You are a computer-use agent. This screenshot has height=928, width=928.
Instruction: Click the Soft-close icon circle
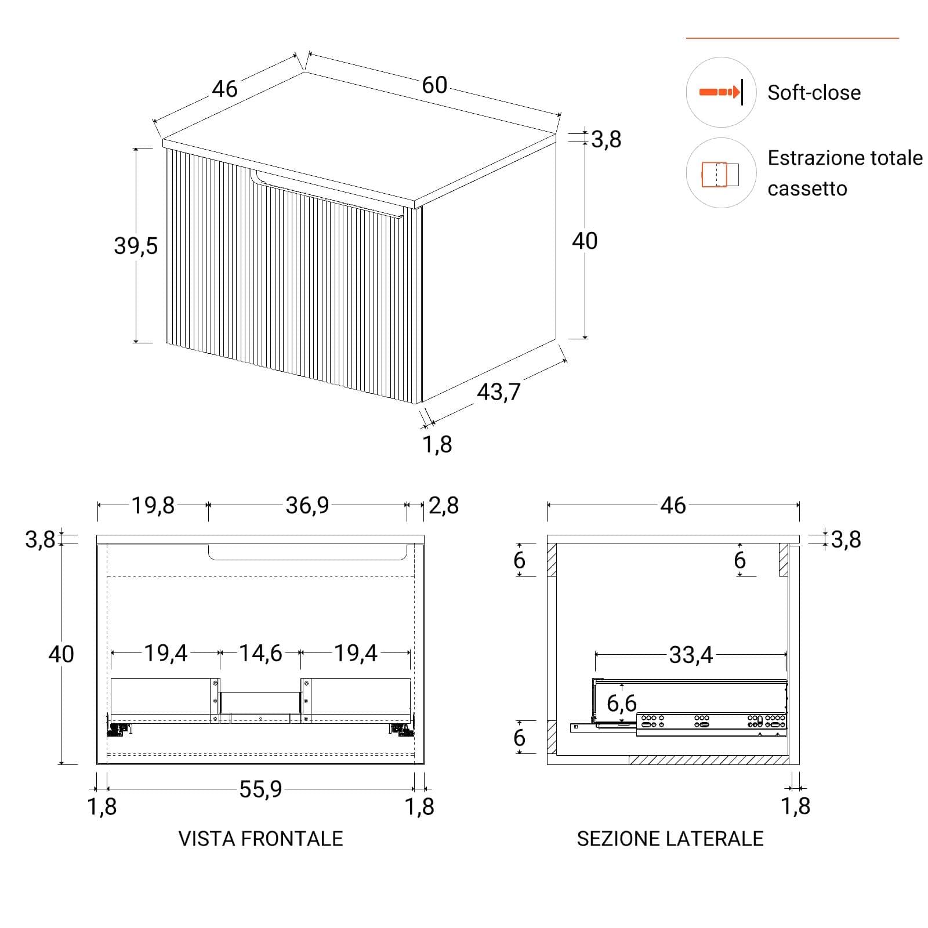tap(721, 92)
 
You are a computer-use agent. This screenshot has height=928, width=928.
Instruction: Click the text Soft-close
tap(814, 93)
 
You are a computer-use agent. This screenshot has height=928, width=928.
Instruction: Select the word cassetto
tap(807, 189)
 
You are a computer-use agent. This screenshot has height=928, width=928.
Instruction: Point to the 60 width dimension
tap(434, 85)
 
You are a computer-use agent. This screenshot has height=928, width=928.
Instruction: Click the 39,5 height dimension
tap(136, 246)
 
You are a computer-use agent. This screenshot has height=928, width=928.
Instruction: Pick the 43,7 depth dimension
tap(499, 392)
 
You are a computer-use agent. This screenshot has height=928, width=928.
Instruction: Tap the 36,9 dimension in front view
tap(307, 505)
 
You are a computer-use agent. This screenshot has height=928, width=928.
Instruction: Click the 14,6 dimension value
tap(260, 653)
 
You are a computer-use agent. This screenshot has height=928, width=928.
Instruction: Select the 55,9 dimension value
tap(260, 789)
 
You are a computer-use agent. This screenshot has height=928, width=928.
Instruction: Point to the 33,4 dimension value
tap(691, 655)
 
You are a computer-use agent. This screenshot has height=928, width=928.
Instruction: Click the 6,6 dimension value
tap(622, 704)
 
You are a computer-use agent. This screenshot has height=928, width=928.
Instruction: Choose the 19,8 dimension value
tap(153, 505)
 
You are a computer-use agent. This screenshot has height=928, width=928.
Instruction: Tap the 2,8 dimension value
tap(444, 505)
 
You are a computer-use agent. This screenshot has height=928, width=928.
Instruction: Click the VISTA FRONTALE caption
tap(260, 839)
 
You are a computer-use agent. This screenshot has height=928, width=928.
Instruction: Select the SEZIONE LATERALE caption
tap(670, 839)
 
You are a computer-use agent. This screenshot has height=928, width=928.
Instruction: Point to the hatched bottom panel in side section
tap(709, 760)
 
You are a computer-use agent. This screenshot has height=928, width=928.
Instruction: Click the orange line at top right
tap(792, 38)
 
